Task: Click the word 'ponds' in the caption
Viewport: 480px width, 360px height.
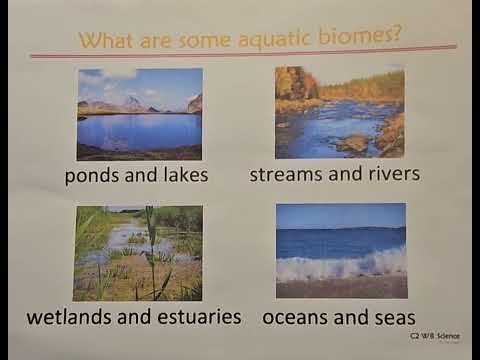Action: [94, 176]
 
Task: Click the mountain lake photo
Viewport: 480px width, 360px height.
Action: [140, 114]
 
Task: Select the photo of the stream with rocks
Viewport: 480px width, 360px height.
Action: [340, 112]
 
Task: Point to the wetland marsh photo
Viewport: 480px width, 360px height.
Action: [138, 253]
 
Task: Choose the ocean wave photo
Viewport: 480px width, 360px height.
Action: [340, 250]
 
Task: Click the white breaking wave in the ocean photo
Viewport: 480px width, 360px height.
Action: [340, 265]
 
